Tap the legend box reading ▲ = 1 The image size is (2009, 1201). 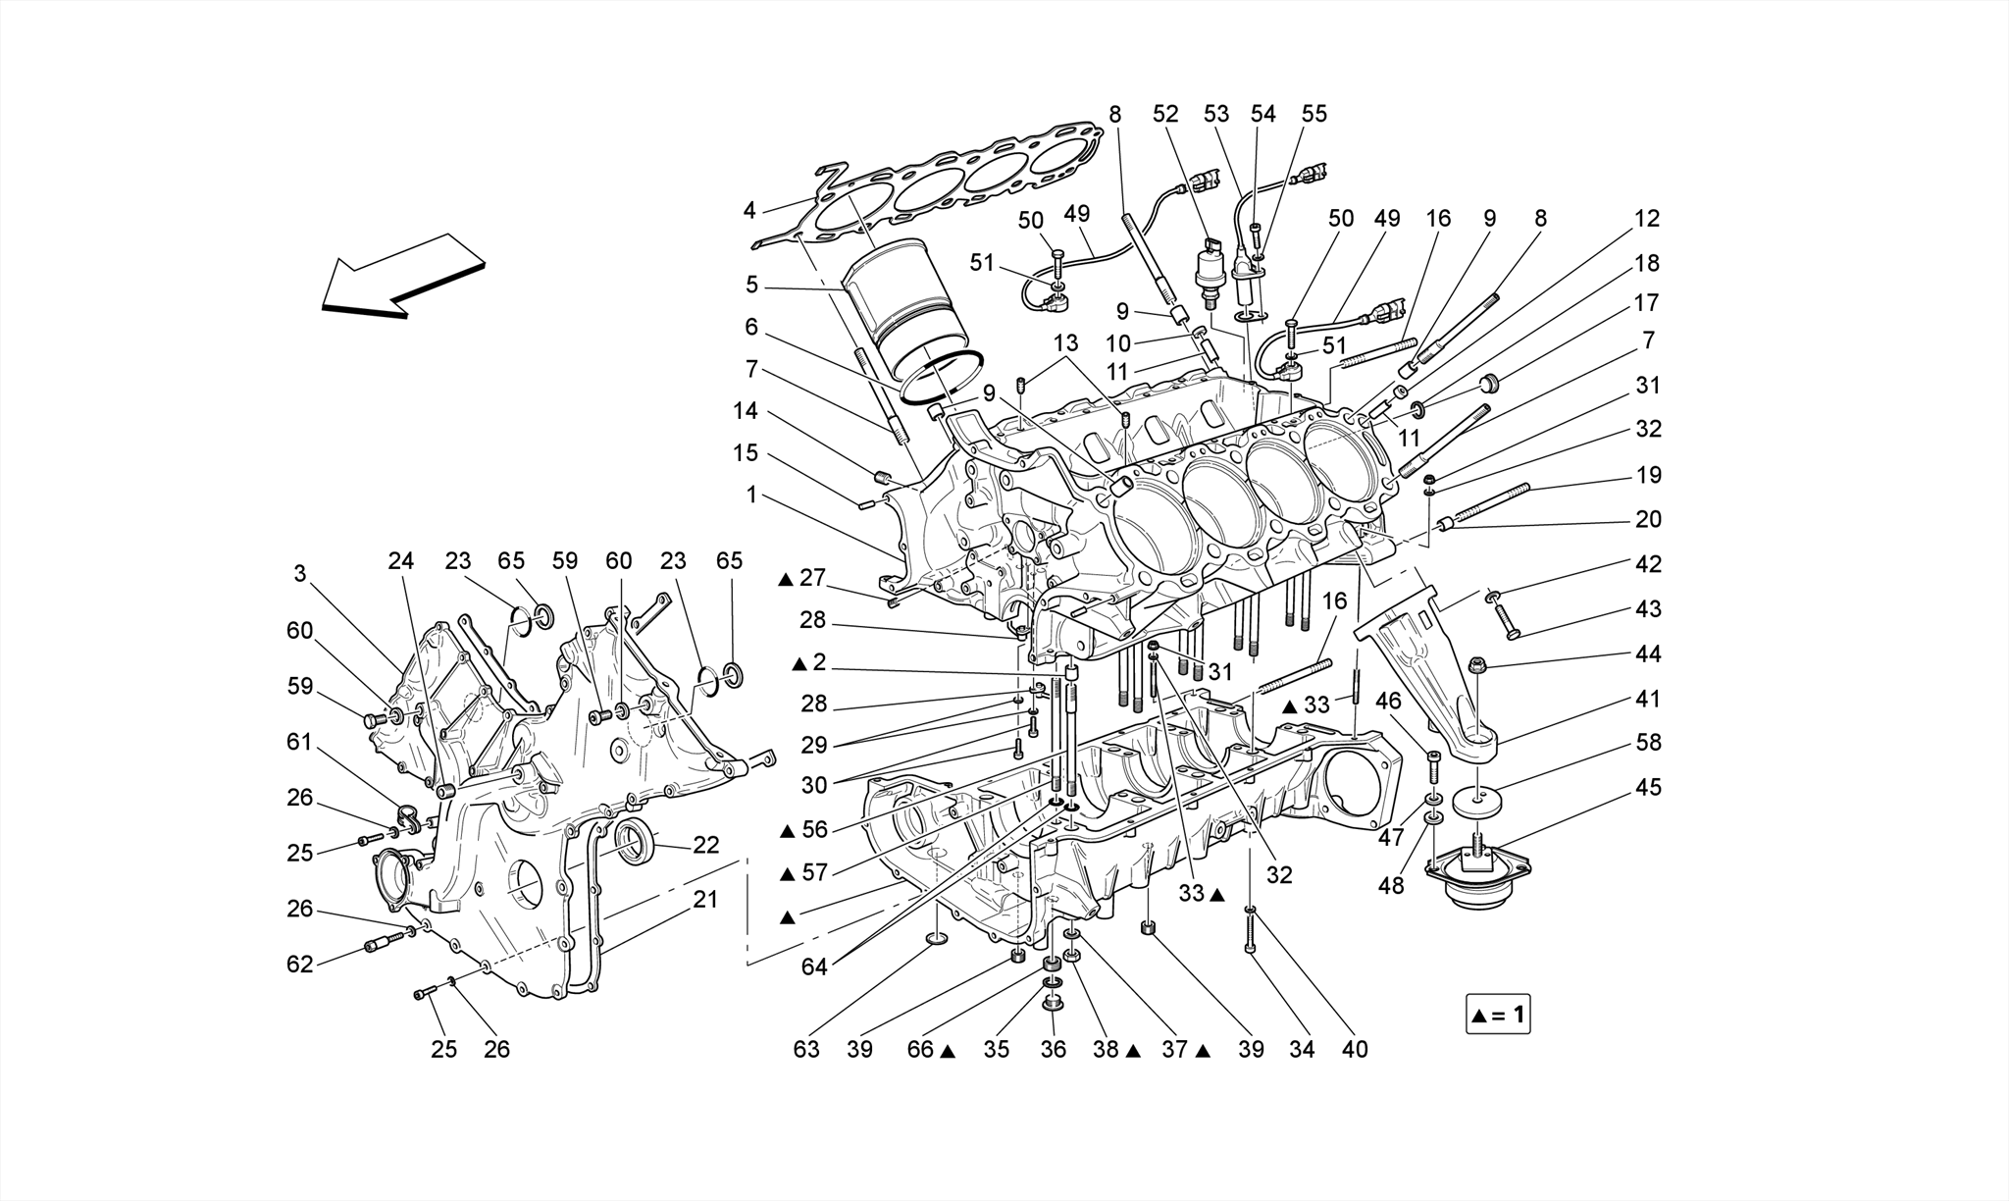tap(1497, 1015)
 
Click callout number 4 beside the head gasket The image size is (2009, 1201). tap(749, 210)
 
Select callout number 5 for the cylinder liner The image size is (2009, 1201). tap(751, 285)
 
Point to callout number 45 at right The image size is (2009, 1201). tap(1648, 788)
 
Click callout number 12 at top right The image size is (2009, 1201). tap(1647, 219)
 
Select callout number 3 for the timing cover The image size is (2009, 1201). tap(300, 574)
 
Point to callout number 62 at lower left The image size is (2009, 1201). tap(300, 964)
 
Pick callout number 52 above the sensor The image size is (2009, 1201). tap(1165, 114)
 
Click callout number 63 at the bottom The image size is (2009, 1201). tap(806, 1049)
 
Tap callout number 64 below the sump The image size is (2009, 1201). tap(814, 966)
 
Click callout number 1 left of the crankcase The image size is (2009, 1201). tap(751, 496)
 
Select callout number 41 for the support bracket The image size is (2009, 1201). tap(1648, 699)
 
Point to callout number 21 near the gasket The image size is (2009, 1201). tap(706, 899)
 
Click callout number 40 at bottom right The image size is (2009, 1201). tap(1354, 1049)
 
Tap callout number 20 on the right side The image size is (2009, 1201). tap(1648, 519)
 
